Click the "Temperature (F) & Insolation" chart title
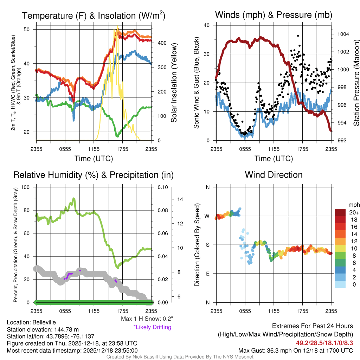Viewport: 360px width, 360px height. tap(94, 15)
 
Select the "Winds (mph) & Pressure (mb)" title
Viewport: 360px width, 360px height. tap(274, 15)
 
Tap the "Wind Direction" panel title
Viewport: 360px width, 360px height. tap(274, 175)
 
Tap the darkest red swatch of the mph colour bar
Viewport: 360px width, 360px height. tap(340, 212)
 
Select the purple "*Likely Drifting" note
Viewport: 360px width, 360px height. tap(152, 327)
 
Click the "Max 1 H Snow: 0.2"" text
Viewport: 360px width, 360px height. tap(147, 319)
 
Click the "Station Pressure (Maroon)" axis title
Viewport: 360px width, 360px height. tap(356, 83)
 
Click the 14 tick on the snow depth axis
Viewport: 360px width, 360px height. tap(180, 199)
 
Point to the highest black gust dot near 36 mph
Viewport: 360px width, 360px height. tap(298, 36)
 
